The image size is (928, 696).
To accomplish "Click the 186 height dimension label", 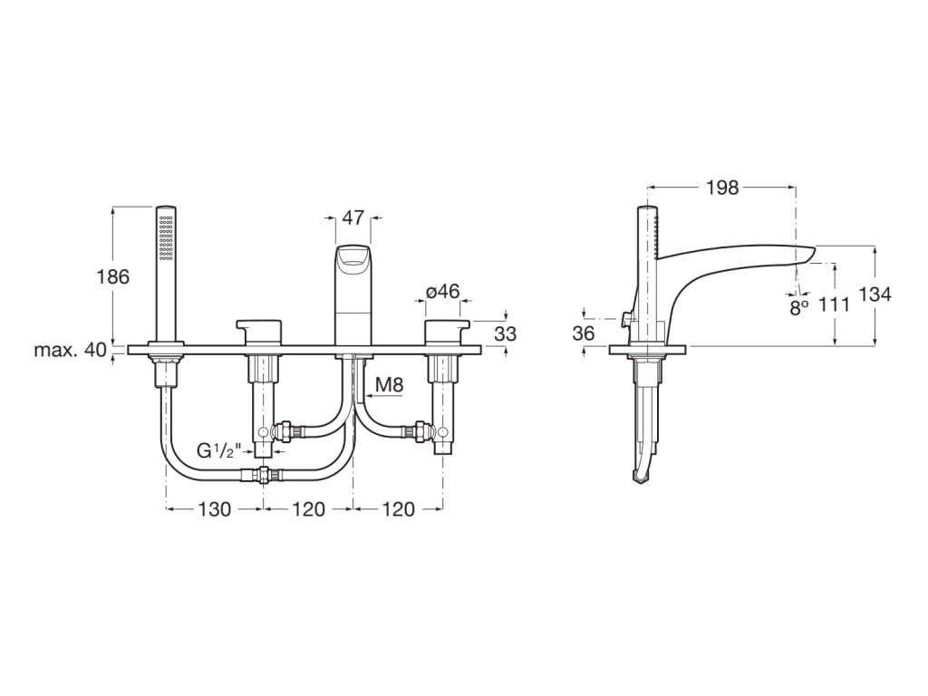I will (x=113, y=277).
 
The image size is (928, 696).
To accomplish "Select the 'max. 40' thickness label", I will (x=71, y=350).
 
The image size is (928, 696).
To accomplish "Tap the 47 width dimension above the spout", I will (x=353, y=217).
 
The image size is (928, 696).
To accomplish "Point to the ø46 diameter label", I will (x=443, y=292).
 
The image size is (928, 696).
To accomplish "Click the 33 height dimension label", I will (x=506, y=333).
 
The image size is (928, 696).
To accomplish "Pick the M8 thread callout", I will (x=389, y=384).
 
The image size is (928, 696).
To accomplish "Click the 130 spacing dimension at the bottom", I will (x=215, y=509).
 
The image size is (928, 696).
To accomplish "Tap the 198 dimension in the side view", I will (x=722, y=188).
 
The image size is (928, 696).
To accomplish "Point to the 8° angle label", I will (x=797, y=306).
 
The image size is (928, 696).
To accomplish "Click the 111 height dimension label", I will (x=834, y=304).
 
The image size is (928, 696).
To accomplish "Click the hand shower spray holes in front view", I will (x=165, y=236).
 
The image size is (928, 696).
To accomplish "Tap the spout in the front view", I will (x=353, y=290).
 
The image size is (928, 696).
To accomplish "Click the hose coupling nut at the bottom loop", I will (x=264, y=475).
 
